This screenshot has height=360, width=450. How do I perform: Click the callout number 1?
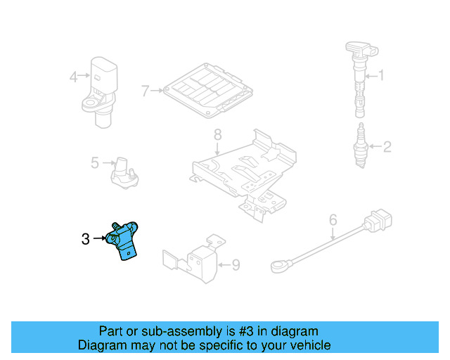382,75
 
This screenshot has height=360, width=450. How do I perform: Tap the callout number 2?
386,147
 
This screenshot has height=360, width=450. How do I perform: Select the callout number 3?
85,239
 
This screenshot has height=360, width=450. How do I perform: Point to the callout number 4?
74,77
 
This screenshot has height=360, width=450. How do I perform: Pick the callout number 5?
95,163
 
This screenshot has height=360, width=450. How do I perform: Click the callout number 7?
146,91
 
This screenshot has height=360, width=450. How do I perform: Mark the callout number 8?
217,134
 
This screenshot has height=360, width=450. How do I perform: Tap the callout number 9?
236,265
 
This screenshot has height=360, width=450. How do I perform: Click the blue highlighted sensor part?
124,240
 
